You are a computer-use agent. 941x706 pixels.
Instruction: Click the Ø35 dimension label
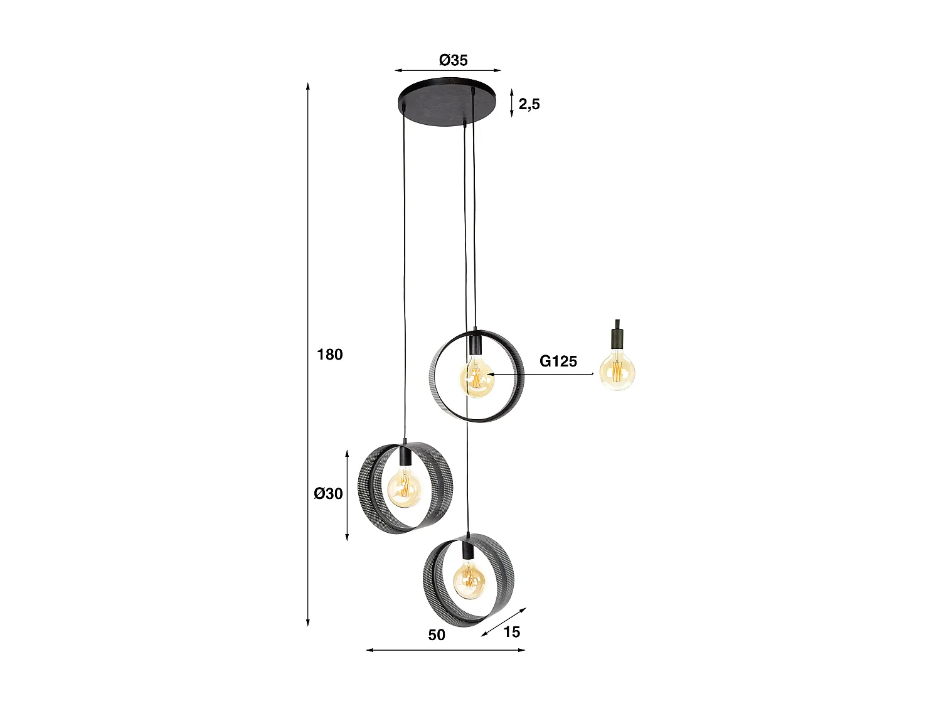click(x=453, y=60)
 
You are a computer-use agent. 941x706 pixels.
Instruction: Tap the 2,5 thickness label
click(x=529, y=104)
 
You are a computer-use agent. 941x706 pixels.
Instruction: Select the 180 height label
click(x=330, y=355)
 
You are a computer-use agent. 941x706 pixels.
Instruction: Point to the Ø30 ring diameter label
click(x=329, y=493)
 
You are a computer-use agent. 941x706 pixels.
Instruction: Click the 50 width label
click(x=437, y=634)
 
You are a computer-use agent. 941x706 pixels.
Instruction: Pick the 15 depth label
click(x=512, y=632)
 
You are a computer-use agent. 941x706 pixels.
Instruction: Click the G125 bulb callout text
click(x=558, y=361)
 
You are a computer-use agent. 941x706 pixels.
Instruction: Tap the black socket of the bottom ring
click(x=467, y=550)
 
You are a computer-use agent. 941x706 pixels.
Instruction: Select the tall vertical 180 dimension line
click(x=308, y=355)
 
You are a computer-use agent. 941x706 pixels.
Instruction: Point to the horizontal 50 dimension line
click(x=445, y=650)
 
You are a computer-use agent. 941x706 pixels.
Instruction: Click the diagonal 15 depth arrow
click(x=504, y=622)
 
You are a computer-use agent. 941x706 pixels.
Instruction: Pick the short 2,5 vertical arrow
click(x=512, y=103)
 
